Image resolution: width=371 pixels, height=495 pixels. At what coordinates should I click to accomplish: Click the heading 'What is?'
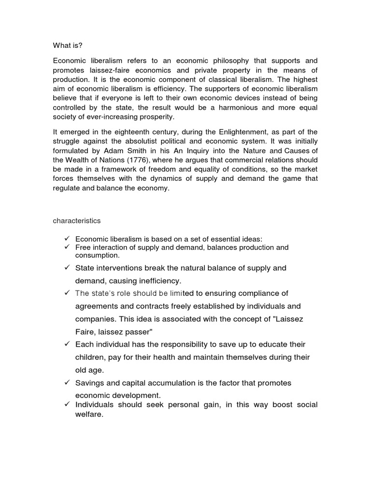click(67, 46)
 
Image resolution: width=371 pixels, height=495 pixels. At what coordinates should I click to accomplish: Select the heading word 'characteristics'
click(77, 220)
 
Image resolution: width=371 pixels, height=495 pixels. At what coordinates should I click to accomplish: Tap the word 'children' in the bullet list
click(92, 357)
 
